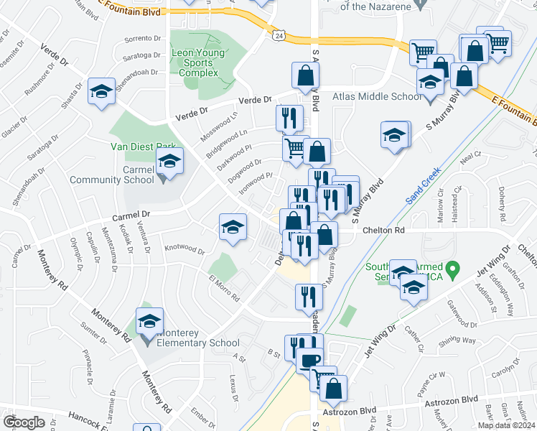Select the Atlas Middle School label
[376, 96]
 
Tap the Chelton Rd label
[384, 230]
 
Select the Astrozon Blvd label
[451, 399]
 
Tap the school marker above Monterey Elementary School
[150, 321]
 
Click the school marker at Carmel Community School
[169, 162]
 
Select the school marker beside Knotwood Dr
[232, 228]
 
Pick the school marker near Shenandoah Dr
[101, 91]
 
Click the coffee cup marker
[309, 361]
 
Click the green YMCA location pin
[452, 271]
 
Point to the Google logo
[24, 422]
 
